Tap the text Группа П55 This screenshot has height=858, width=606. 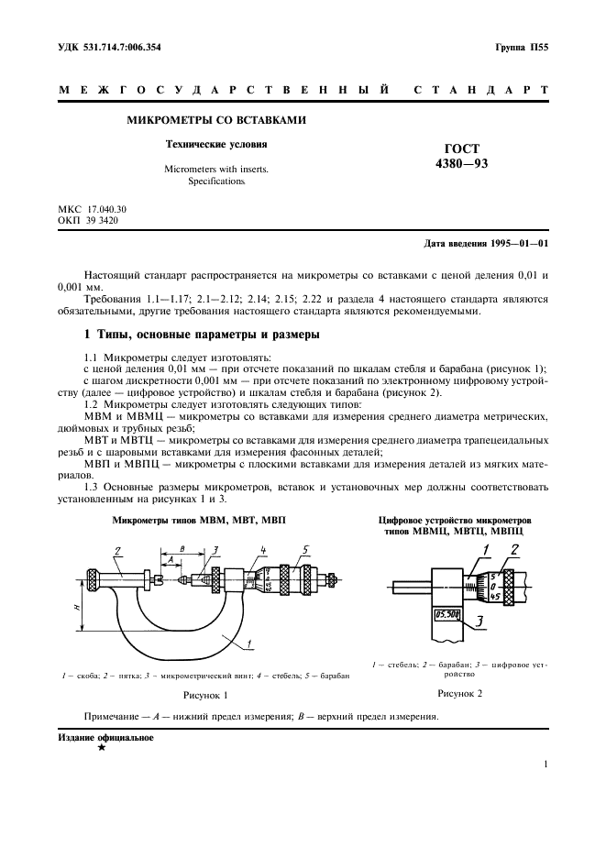[523, 47]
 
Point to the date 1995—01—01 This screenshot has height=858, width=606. [519, 244]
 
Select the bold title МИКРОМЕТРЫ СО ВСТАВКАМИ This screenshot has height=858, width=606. [215, 120]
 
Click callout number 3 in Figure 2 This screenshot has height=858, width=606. [478, 621]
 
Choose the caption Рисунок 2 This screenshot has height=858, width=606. [459, 694]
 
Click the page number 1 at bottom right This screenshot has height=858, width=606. [545, 764]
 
